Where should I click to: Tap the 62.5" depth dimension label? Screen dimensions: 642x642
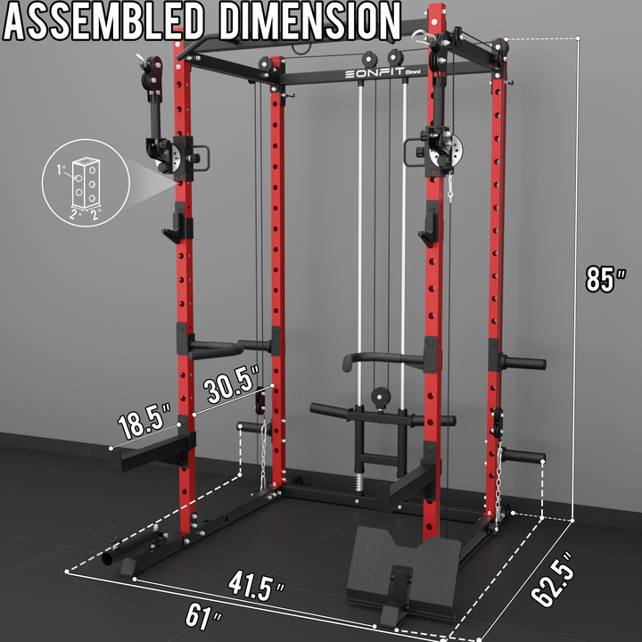click(552, 579)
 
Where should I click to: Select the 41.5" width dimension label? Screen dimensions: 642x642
click(256, 587)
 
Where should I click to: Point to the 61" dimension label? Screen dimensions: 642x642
click(202, 617)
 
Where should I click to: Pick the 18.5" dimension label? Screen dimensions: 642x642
click(144, 421)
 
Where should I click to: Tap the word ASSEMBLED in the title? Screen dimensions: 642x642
click(103, 21)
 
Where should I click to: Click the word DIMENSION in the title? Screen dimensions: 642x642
click(309, 21)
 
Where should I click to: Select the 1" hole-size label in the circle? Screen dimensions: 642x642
click(61, 169)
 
